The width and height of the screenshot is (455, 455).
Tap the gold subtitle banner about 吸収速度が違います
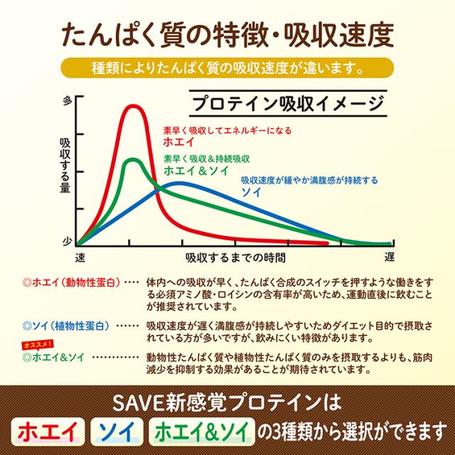pyautogui.click(x=227, y=70)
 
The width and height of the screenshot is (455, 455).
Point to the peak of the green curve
pyautogui.click(x=132, y=159)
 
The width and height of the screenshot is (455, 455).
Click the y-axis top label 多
pyautogui.click(x=68, y=100)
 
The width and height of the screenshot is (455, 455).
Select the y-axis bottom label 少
pyautogui.click(x=68, y=241)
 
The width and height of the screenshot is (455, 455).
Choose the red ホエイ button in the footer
pyautogui.click(x=48, y=433)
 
